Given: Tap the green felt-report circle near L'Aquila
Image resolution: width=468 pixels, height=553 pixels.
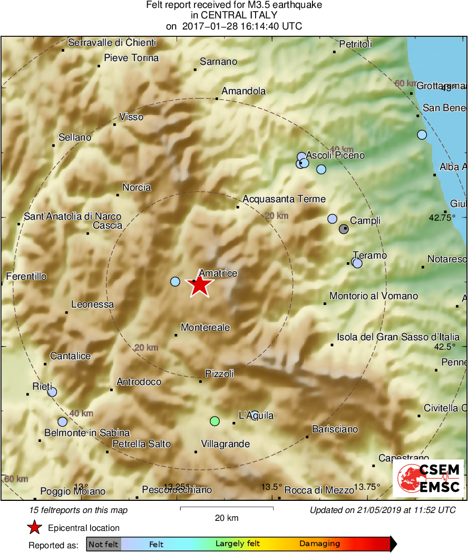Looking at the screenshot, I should coord(214,421).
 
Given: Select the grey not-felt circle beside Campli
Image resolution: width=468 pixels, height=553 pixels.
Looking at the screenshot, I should coord(344,229).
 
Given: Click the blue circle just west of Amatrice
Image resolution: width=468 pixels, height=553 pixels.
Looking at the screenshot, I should coord(175,282).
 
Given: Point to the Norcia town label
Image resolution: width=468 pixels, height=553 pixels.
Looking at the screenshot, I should coord(136,187).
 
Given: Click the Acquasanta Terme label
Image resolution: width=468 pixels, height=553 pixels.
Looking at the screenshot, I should coord(284,199).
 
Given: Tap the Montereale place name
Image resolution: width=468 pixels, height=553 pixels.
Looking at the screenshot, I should coord(206,328).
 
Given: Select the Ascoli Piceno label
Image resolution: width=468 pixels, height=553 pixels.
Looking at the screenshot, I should coord(335,155).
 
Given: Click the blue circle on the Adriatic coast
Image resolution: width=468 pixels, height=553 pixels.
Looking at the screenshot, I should coord(422,135).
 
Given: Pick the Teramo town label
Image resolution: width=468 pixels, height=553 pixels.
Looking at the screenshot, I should coord(370,255).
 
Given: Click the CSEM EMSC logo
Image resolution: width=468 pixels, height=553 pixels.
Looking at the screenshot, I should coord(428,478).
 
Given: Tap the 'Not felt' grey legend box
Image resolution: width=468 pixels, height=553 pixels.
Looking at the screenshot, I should coord(103,544).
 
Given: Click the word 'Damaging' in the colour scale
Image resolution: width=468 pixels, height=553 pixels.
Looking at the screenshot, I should coord(319,544).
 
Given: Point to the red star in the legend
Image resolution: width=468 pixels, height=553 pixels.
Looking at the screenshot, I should coord(35,528).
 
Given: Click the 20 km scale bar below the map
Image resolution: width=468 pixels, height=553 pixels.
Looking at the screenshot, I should coord(227,508).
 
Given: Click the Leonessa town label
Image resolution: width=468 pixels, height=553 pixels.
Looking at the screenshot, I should coord(93,304).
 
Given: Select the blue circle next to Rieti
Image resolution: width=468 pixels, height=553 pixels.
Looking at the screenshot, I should coord(52,392).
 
